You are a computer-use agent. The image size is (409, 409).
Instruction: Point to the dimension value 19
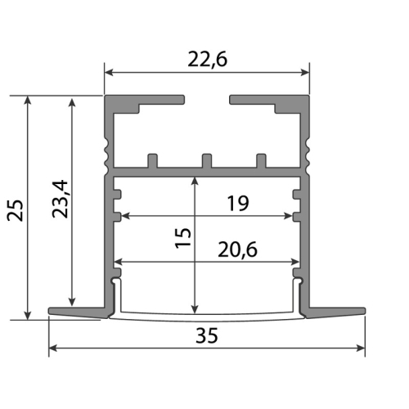pos(238,204)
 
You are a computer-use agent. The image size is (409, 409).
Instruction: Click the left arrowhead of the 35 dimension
pos(53,348)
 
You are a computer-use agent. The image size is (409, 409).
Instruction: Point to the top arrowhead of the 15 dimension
pos(195,180)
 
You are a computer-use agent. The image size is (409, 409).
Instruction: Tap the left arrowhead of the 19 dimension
pos(124,217)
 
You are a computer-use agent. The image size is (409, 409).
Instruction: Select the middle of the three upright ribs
pos(207,160)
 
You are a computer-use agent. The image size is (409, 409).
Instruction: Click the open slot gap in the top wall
pos(208,101)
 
